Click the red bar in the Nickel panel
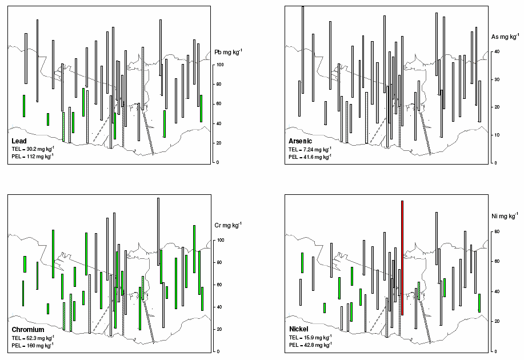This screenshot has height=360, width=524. (403, 257)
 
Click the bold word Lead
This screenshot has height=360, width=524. (19, 141)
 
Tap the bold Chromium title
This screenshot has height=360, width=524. (27, 330)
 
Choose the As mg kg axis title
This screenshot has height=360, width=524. (504, 37)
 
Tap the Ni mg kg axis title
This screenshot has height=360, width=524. (505, 216)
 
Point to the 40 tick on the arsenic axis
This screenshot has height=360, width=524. (497, 51)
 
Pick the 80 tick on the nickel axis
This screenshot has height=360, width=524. (497, 231)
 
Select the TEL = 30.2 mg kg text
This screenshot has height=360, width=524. (32, 149)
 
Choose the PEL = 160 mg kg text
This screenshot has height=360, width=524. (32, 345)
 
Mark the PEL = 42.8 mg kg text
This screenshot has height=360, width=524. (310, 345)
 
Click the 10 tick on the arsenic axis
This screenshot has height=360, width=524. (497, 135)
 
